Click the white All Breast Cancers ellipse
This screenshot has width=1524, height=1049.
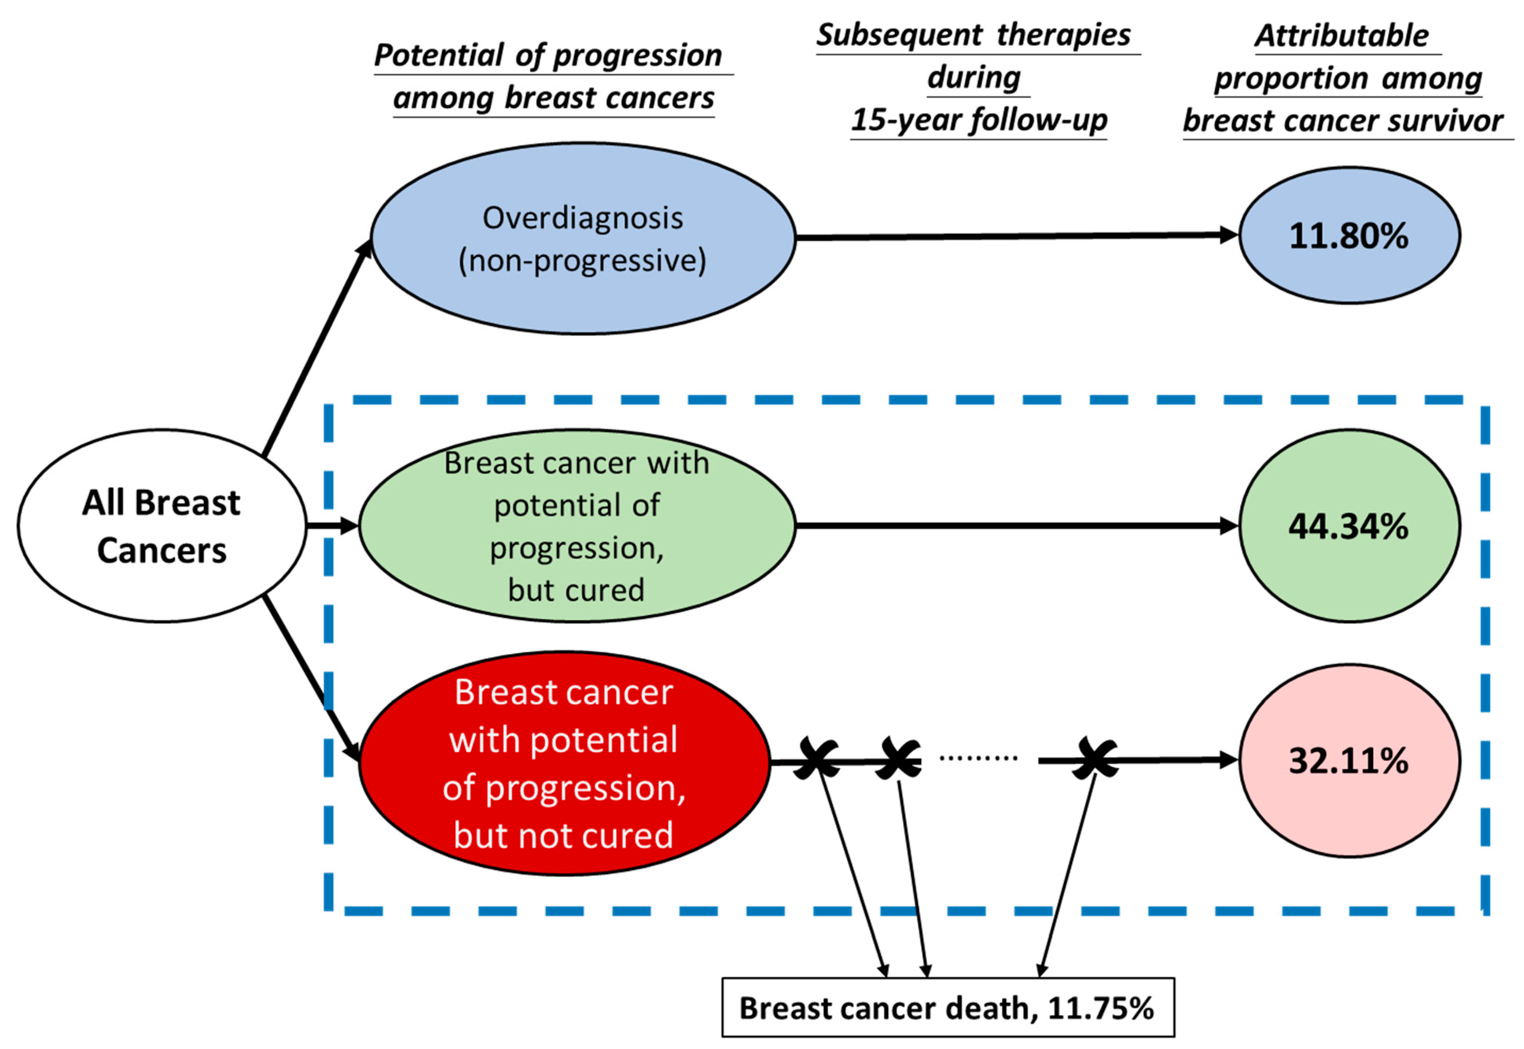162,526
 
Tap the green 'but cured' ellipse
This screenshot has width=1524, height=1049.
577,526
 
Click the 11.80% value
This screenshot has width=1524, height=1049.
1348,236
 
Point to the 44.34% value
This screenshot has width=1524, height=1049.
1348,526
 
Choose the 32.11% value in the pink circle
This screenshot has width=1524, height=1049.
1348,760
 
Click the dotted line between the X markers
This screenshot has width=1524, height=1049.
978,758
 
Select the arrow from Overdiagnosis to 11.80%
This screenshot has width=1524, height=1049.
1015,236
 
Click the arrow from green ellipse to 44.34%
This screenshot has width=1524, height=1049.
1015,526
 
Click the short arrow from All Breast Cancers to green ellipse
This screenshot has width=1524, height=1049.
332,526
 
